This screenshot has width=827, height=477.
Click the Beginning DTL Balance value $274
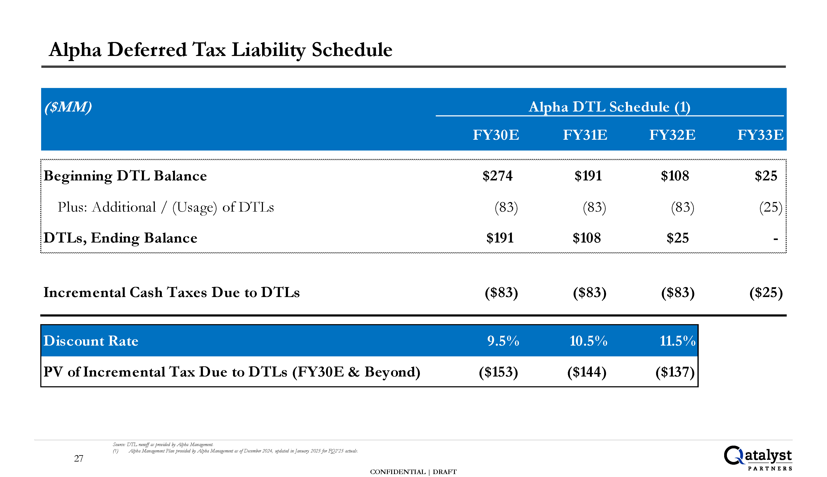497,176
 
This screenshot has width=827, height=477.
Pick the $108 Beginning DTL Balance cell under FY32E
675,176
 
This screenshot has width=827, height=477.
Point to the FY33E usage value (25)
771,207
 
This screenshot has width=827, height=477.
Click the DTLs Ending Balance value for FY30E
500,238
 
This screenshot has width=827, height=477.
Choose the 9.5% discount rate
503,341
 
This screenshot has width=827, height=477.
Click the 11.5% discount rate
677,341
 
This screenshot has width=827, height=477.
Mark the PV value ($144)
587,372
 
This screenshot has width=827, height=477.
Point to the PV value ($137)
675,372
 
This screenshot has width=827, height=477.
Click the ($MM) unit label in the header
68,107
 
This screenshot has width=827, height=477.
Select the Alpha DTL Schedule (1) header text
609,107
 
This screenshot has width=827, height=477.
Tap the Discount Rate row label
91,341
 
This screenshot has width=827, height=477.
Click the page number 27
79,458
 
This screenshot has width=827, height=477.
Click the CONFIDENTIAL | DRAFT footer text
413,472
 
